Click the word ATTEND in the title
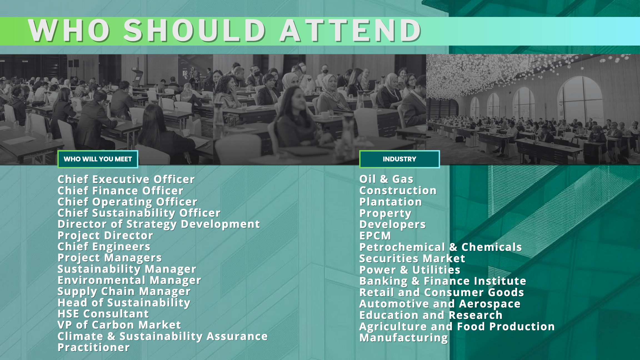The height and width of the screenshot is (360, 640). (350, 31)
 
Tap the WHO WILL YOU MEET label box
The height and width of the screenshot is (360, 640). (98, 159)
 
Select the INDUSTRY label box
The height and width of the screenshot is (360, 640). (399, 159)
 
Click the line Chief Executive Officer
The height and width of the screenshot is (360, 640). (126, 179)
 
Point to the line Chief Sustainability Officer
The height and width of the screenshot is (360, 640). (139, 213)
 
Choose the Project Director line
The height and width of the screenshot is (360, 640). (105, 236)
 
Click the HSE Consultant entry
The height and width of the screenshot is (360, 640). (103, 314)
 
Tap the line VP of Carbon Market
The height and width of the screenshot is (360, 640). (119, 325)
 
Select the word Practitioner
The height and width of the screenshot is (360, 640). (94, 347)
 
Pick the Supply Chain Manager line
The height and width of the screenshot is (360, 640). (124, 292)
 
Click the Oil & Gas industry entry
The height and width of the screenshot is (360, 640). (386, 179)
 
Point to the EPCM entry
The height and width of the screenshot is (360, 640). (375, 236)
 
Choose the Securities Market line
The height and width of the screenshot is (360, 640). (412, 259)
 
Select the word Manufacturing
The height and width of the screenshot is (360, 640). (403, 338)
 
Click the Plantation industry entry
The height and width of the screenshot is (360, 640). (391, 202)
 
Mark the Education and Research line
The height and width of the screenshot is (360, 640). (431, 315)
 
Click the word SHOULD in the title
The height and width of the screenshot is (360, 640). (195, 31)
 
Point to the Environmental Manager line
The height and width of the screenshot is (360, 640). (129, 280)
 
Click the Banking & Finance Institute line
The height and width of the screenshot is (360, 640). (442, 281)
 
